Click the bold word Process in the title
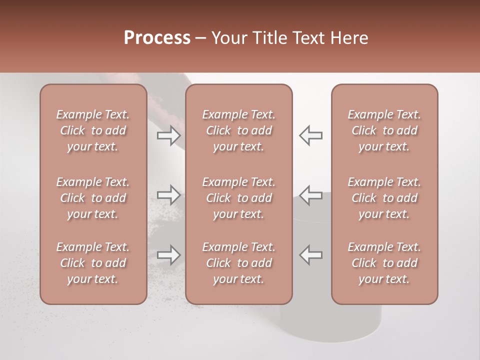157,38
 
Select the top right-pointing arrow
168,135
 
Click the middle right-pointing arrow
168,194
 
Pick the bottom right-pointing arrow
168,254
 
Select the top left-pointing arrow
311,135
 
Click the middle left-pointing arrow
311,194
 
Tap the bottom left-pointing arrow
311,254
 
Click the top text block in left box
93,130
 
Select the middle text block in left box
93,198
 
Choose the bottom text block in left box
93,263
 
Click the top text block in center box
238,130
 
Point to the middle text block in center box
238,198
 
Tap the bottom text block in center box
238,263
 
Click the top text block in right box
384,130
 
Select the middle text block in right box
384,198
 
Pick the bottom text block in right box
384,263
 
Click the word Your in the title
230,38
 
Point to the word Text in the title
309,38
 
